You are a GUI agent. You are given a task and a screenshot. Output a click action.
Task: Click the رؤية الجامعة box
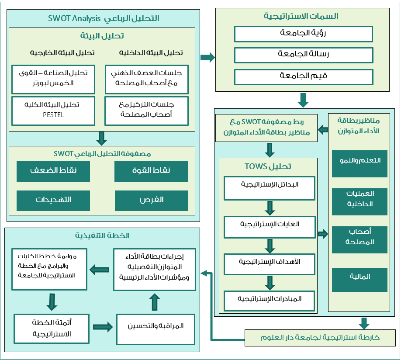click(303, 34)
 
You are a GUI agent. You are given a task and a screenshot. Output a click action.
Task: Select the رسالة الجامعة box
click(304, 55)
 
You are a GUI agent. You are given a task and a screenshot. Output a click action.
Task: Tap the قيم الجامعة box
click(304, 77)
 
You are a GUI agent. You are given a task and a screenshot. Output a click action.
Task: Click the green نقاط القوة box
click(151, 171)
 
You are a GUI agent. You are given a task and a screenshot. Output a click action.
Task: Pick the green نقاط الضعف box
click(53, 171)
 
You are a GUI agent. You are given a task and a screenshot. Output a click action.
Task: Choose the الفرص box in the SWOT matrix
click(152, 201)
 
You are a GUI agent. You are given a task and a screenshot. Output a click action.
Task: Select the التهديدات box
click(53, 201)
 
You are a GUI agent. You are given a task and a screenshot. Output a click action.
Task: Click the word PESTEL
click(53, 115)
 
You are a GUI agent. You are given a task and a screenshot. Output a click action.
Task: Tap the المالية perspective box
click(360, 280)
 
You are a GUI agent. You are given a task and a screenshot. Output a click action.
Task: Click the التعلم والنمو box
click(360, 164)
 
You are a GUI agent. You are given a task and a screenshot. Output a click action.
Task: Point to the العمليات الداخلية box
click(360, 201)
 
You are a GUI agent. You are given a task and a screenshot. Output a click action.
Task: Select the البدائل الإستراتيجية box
click(270, 188)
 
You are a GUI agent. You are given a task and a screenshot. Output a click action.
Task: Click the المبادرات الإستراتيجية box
click(269, 301)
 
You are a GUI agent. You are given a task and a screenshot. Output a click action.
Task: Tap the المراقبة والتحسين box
click(156, 329)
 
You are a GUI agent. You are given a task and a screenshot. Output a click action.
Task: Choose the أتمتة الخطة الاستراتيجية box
click(52, 329)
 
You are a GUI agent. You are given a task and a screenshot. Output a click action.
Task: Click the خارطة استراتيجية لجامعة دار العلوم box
click(320, 338)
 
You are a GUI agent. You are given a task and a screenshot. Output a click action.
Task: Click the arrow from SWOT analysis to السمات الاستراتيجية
click(207, 57)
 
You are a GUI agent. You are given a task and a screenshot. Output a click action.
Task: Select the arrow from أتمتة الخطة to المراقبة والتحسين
click(103, 327)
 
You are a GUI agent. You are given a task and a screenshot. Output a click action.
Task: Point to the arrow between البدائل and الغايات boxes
click(270, 208)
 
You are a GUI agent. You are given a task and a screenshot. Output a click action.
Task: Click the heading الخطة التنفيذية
click(102, 235)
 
